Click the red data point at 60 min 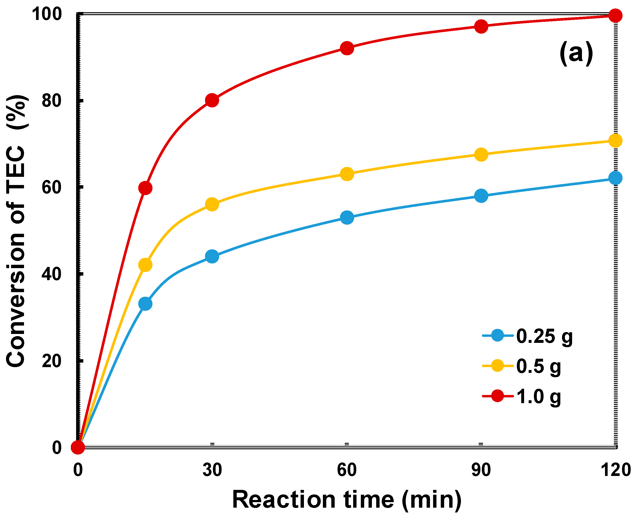pyautogui.click(x=347, y=48)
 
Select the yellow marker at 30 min pyautogui.click(x=212, y=204)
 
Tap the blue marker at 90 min pyautogui.click(x=481, y=196)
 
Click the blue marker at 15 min pyautogui.click(x=145, y=304)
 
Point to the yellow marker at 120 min pyautogui.click(x=615, y=141)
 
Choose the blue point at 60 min pyautogui.click(x=347, y=217)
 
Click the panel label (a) pyautogui.click(x=576, y=53)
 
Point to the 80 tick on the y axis pyautogui.click(x=51, y=101)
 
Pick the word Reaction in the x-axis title pyautogui.click(x=284, y=499)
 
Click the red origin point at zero pyautogui.click(x=78, y=447)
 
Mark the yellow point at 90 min pyautogui.click(x=481, y=154)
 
